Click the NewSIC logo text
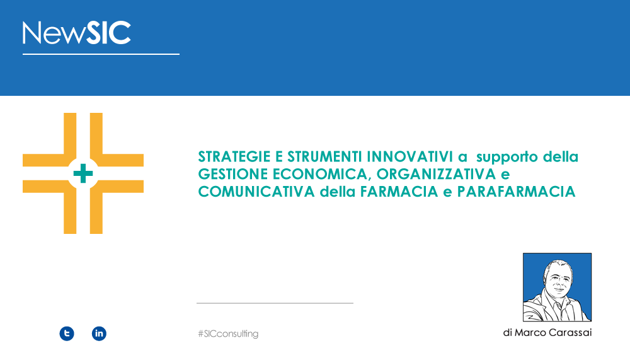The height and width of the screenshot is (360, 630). [x=77, y=33]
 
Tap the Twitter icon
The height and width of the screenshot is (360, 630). [x=67, y=334]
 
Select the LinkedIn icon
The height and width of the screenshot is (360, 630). [x=99, y=334]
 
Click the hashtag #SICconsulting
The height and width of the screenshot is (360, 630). [x=228, y=334]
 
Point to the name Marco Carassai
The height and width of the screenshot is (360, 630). [x=553, y=333]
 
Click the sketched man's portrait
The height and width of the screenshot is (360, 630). [x=557, y=287]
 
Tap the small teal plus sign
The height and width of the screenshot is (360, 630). [x=83, y=173]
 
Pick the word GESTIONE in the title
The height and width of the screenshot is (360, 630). [x=233, y=174]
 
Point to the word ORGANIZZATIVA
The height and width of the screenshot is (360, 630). [x=437, y=174]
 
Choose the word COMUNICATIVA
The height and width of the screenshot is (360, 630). [x=256, y=192]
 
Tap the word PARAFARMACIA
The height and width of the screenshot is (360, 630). [x=517, y=192]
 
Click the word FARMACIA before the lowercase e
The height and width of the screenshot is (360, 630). [x=399, y=192]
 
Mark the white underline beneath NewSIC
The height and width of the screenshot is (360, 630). [x=101, y=54]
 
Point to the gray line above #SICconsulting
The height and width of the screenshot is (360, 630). [x=275, y=303]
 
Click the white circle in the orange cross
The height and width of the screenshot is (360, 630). [x=83, y=173]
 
